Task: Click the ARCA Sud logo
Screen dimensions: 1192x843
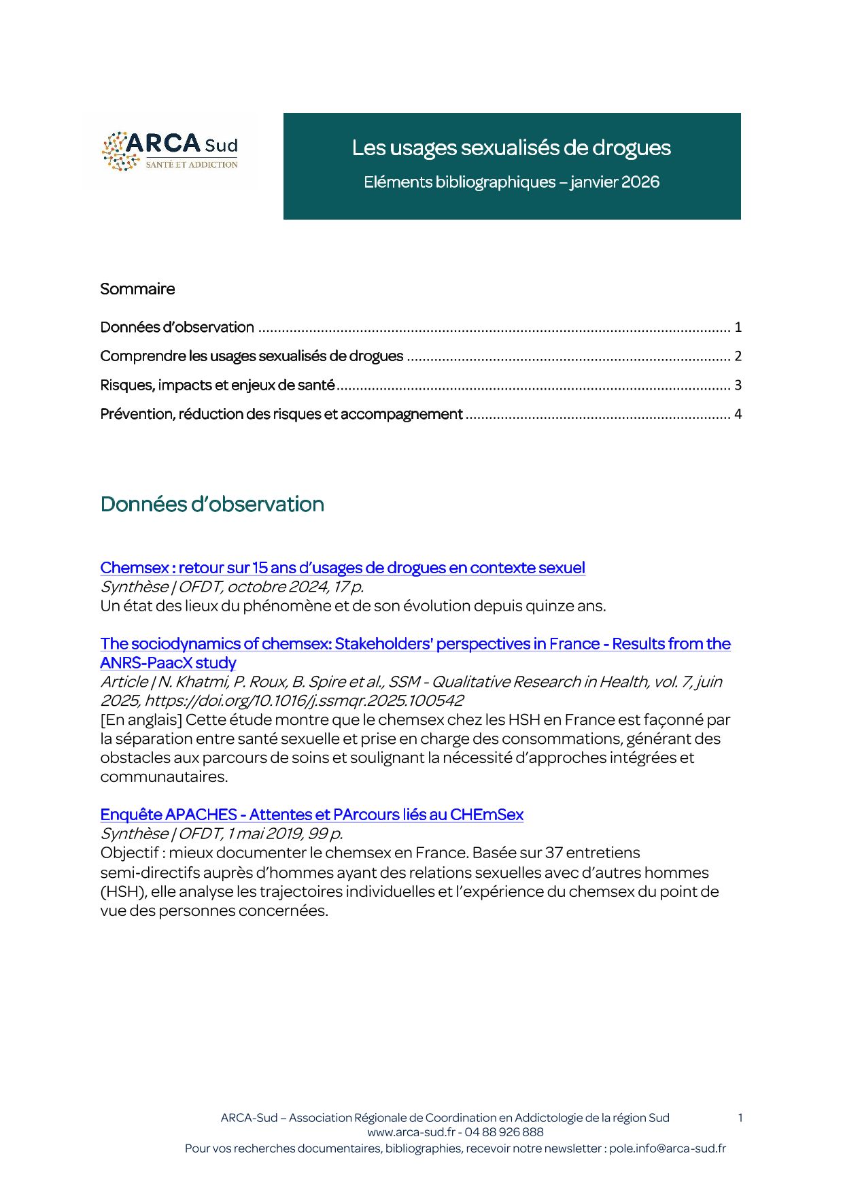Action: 170,152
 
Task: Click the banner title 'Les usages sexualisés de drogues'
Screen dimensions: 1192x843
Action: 511,148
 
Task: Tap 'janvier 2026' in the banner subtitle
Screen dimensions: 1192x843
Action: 615,182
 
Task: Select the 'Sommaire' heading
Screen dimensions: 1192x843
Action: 137,289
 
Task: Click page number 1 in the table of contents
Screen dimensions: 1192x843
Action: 738,327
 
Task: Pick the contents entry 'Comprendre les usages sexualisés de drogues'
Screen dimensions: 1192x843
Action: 252,356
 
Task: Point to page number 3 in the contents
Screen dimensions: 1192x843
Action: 738,386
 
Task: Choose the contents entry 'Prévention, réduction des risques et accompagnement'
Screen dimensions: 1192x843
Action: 281,414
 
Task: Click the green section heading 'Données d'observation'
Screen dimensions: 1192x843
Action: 212,504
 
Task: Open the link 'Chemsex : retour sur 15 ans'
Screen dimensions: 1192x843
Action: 342,568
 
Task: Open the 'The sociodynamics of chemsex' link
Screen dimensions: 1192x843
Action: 415,644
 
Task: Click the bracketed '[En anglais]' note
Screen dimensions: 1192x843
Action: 141,719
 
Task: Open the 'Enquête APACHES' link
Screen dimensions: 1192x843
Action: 311,815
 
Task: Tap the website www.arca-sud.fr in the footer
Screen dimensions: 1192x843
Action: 411,1132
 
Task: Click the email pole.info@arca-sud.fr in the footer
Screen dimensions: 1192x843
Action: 667,1148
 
